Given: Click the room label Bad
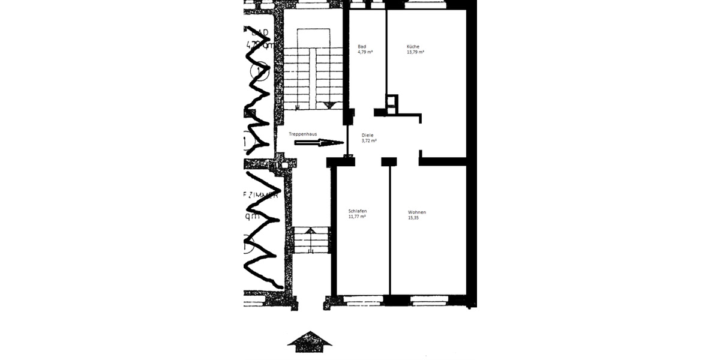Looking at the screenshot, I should pos(362,47).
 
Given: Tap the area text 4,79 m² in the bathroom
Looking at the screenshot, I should pos(365,53).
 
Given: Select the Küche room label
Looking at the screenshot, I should pos(413,47).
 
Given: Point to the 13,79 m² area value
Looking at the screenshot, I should pos(416,53).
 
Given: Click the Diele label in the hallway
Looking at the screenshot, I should pos(367,135).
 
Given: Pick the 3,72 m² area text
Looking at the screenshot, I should pos(369,141).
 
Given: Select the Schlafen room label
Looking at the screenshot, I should pos(358,211).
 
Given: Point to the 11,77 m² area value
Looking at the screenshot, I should pos(357,217).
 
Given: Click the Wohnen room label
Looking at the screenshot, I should pos(417,212).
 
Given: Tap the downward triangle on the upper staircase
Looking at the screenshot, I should pos(328,105).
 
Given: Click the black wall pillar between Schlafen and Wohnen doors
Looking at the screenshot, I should pos(389,161).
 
